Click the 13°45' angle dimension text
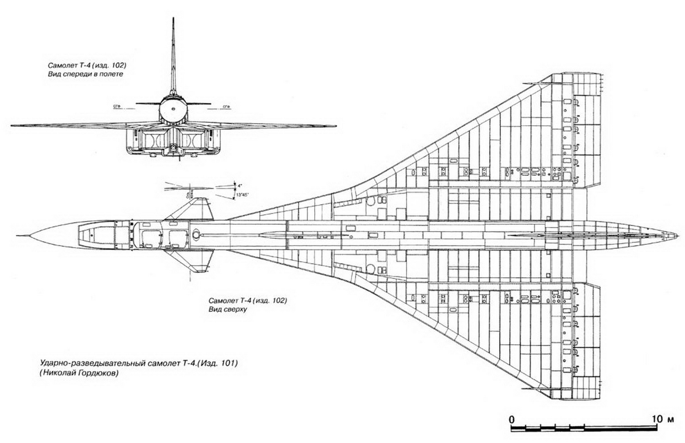click(242, 195)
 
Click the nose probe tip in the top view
click(17, 236)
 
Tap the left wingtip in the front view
click(13, 125)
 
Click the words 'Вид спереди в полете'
click(86, 74)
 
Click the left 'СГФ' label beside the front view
click(117, 106)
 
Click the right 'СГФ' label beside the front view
click(226, 106)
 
